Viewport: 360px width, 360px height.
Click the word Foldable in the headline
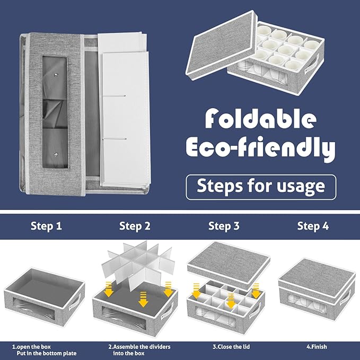(260, 118)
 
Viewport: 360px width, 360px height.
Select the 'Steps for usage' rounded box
(261, 187)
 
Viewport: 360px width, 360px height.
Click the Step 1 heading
(46, 226)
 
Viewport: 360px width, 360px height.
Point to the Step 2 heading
(135, 226)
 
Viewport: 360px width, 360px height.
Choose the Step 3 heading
(224, 226)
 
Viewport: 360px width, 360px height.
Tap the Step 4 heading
(313, 226)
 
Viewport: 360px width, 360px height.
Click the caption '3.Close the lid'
(231, 346)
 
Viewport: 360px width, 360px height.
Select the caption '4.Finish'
(317, 346)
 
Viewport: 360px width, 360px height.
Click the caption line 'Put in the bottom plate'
(47, 353)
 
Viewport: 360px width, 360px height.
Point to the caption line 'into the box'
(129, 353)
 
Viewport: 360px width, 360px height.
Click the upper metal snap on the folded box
(56, 75)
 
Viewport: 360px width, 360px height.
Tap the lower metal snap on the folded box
(56, 155)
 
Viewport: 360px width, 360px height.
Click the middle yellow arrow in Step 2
(143, 300)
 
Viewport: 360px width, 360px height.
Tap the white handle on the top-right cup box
(311, 65)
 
